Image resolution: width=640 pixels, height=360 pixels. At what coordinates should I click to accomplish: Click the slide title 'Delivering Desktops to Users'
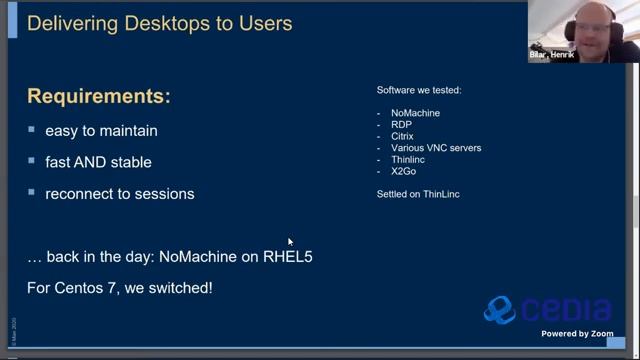click(x=159, y=22)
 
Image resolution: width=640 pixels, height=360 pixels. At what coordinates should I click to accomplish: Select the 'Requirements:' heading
click(x=98, y=97)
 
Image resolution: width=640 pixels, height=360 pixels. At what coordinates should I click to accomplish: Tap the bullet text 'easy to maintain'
click(x=101, y=130)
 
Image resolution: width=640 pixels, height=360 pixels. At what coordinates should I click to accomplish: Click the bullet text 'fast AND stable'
click(x=98, y=161)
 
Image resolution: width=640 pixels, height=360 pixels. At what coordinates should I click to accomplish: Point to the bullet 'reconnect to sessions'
click(x=119, y=193)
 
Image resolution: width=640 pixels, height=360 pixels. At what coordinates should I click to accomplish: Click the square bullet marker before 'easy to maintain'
click(x=33, y=130)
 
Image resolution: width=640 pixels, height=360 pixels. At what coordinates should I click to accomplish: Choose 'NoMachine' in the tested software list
click(x=416, y=114)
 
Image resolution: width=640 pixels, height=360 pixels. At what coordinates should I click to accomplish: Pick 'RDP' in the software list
click(x=401, y=125)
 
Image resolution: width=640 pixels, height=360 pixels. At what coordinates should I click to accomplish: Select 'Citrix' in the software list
click(x=402, y=136)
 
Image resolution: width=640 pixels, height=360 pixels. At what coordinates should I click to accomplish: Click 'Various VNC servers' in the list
click(x=435, y=148)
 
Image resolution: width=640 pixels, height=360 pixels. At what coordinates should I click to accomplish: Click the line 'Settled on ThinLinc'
click(x=417, y=192)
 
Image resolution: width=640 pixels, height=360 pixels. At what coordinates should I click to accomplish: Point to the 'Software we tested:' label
click(x=418, y=91)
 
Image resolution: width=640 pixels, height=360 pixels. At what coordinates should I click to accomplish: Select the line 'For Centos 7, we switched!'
click(x=119, y=288)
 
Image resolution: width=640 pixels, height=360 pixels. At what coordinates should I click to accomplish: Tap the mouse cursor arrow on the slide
click(x=290, y=241)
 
